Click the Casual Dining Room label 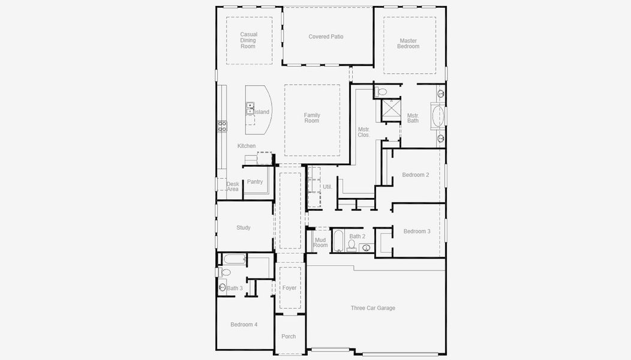point(248,40)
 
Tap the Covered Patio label point(326,37)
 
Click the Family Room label point(311,118)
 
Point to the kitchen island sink point(250,109)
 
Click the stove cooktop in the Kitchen point(222,126)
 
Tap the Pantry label point(255,182)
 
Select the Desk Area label point(233,187)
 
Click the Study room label point(243,227)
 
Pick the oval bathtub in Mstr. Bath point(437,115)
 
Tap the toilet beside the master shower point(381,92)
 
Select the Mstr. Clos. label point(363,132)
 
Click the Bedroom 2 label point(415,175)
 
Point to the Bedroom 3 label point(416,231)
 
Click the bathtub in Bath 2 point(338,241)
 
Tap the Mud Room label point(320,242)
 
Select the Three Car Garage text point(372,308)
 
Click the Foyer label point(289,288)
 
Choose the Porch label point(289,337)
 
